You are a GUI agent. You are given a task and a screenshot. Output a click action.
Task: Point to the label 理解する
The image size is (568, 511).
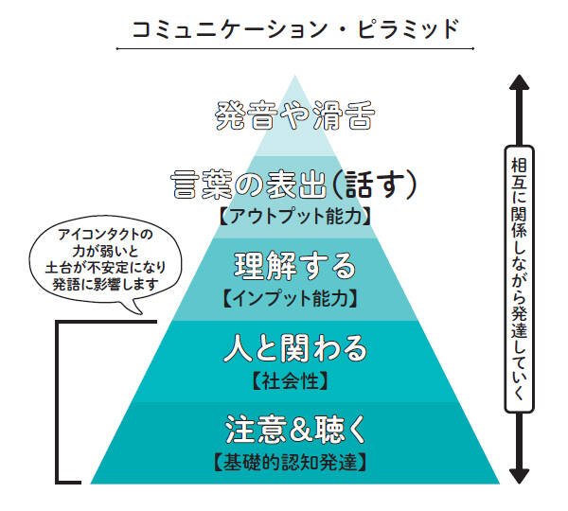[x=295, y=266]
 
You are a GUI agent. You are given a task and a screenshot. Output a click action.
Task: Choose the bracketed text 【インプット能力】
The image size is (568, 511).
[x=295, y=299]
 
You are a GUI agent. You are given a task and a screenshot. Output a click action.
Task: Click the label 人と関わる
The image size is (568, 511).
[x=295, y=349]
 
